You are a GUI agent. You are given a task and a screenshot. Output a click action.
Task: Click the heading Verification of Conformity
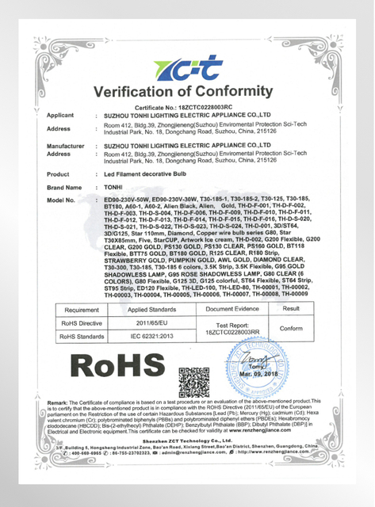(x=188, y=93)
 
